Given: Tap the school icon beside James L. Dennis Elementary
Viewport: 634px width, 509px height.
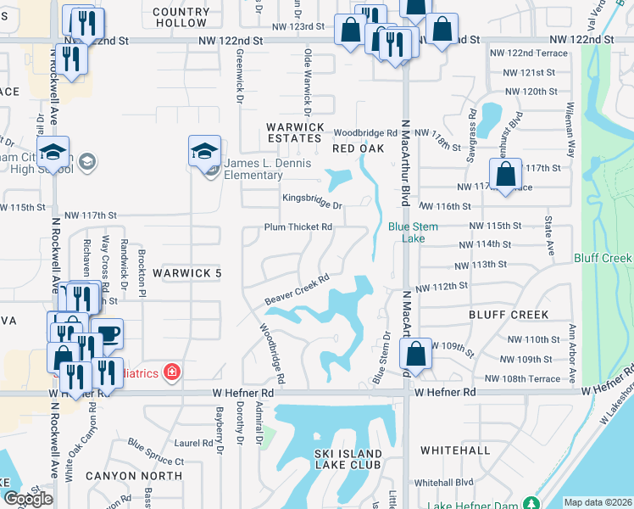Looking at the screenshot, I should [x=204, y=150].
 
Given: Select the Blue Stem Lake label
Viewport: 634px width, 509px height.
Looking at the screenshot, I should [x=407, y=232].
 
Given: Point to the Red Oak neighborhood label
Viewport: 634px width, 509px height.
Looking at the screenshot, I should [x=353, y=148].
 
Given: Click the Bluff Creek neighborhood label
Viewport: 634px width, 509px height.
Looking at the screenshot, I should [x=509, y=314].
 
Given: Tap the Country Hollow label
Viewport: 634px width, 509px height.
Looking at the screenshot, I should [x=181, y=18].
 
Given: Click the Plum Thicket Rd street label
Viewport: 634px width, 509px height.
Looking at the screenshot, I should [x=298, y=227].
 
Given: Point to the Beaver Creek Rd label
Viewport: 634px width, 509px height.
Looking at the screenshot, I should [x=296, y=290].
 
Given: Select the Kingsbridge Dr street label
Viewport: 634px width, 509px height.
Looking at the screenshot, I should [x=312, y=204].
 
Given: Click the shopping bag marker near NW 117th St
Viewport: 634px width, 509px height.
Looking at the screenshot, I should [x=506, y=176].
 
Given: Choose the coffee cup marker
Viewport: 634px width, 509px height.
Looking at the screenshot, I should [x=107, y=333].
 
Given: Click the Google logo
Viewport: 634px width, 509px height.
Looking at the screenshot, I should [x=28, y=499].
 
